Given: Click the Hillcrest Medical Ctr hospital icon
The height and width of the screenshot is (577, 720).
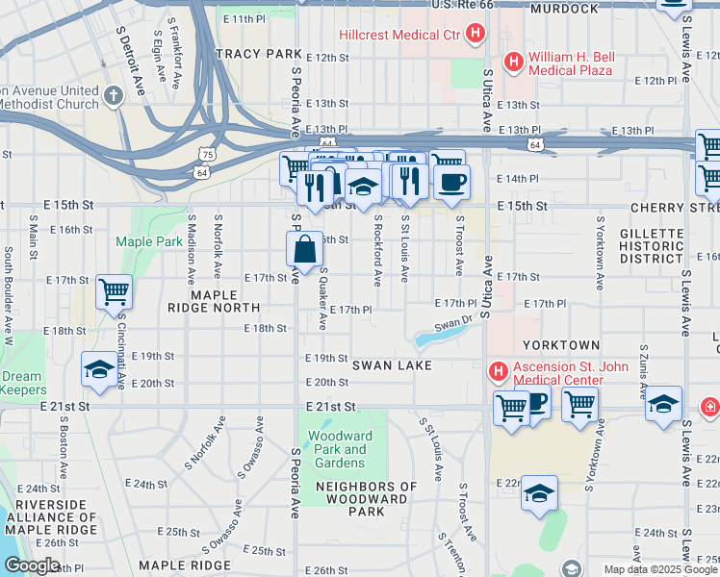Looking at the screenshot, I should click(475, 36).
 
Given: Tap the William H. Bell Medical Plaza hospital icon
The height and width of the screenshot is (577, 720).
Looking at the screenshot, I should click(514, 63).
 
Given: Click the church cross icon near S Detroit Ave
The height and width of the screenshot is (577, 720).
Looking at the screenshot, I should click(114, 96).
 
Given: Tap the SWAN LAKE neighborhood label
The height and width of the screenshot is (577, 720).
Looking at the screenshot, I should click(390, 366).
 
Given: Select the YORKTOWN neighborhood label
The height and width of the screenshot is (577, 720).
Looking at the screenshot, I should click(561, 344).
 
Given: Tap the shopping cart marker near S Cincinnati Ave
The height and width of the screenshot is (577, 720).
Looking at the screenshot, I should click(114, 290).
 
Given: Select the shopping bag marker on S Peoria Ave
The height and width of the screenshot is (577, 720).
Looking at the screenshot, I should click(304, 250).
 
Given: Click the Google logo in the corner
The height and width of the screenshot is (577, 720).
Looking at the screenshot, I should click(32, 565).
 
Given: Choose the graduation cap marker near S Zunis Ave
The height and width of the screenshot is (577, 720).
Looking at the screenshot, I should click(663, 403).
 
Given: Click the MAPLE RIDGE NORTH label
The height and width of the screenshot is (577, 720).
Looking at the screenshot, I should click(213, 300).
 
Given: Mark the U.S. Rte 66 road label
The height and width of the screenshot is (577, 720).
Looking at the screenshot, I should click(462, 5).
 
